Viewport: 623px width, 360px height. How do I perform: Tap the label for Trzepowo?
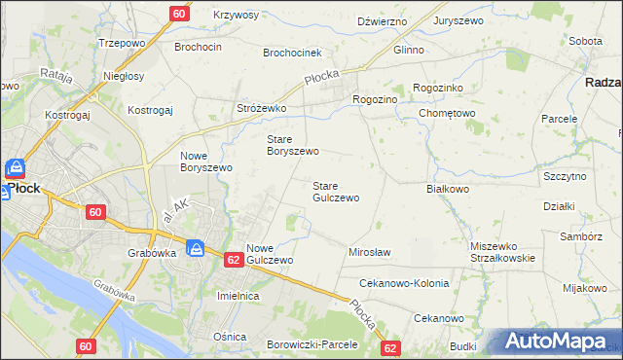123,44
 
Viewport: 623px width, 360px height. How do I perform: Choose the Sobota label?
585,41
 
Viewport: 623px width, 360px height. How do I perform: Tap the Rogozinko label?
444,88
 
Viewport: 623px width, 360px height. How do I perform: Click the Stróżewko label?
261,108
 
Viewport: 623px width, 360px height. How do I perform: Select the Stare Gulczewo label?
336,191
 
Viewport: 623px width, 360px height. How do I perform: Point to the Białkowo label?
449,190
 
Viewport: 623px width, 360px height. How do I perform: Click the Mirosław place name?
369,252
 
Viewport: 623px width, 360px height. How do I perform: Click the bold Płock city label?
22,189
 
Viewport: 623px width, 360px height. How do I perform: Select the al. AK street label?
176,210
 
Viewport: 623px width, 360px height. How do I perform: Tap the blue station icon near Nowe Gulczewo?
195,249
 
